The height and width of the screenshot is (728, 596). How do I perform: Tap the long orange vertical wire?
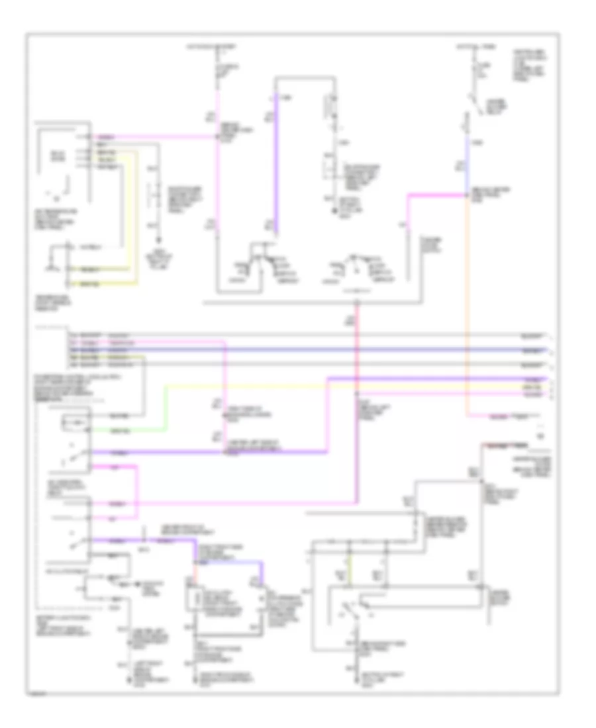[468, 298]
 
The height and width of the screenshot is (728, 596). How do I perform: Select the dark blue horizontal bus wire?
[331, 349]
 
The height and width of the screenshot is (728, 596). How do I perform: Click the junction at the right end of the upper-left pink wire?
[217, 138]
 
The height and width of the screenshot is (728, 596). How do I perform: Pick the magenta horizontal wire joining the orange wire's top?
[437, 195]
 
